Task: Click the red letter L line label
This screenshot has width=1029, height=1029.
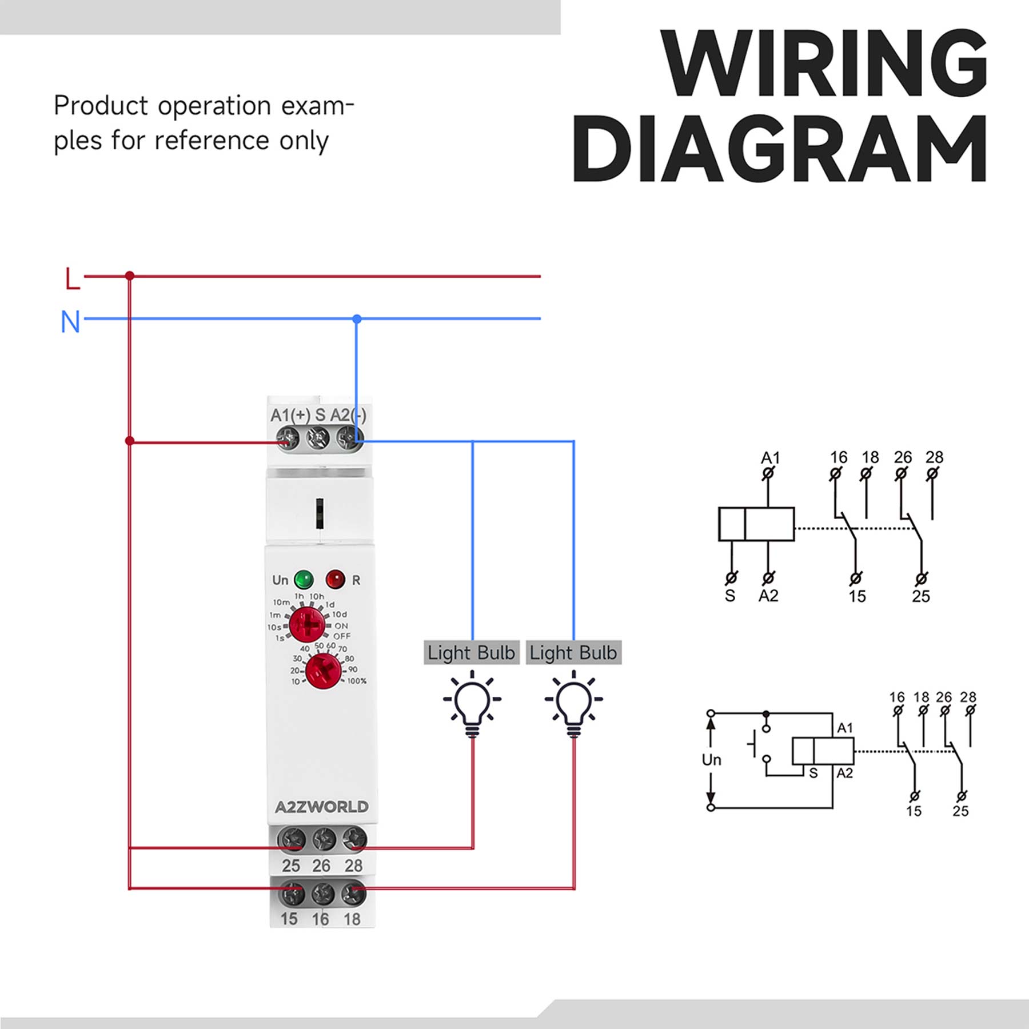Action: (x=72, y=278)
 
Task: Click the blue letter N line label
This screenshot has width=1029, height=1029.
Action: (x=70, y=322)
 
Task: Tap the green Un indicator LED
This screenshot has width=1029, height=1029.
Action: (x=304, y=579)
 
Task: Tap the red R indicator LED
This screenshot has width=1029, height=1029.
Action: (x=336, y=579)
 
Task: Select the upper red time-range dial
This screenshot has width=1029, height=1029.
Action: (x=307, y=624)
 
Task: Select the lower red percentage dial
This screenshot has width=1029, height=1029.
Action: (x=324, y=671)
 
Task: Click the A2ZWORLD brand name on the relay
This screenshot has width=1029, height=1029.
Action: (x=321, y=807)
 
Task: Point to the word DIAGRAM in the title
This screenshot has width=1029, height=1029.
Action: (x=780, y=149)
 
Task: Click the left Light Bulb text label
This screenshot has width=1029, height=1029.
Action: (x=471, y=652)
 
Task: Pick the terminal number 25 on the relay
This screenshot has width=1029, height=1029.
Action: (x=290, y=866)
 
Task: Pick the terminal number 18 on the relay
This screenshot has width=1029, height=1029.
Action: (x=352, y=919)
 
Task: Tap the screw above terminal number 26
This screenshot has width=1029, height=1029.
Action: (x=323, y=839)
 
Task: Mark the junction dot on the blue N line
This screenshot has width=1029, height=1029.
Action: (x=357, y=318)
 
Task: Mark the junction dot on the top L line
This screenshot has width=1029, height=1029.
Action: (x=130, y=276)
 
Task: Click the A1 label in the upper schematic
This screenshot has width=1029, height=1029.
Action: (x=770, y=458)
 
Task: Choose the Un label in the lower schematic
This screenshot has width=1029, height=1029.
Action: (x=712, y=760)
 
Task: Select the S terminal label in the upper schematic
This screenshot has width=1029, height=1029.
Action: (x=730, y=596)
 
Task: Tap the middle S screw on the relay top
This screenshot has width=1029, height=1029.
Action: (x=318, y=438)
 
